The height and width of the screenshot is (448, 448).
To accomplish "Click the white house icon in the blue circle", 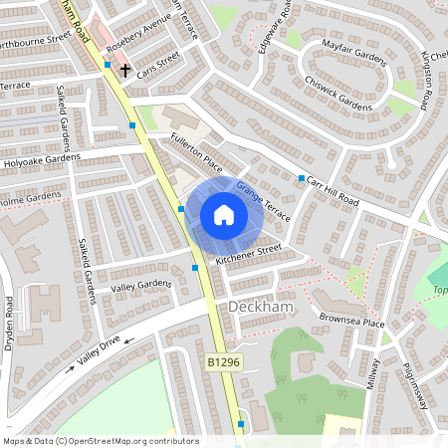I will coord(224,214).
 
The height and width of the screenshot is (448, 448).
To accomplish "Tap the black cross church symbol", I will coord(125,70).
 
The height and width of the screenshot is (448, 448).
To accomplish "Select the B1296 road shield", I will coord(225,362).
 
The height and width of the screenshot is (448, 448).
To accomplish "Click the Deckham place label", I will coord(261,308).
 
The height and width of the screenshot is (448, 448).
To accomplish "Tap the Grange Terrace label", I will coord(263,202).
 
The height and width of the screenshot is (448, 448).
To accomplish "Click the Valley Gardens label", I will coord(141,286).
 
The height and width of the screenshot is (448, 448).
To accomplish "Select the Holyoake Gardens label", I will coord(41,159).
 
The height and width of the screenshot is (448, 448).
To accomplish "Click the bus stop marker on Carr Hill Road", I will coord(302,177).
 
